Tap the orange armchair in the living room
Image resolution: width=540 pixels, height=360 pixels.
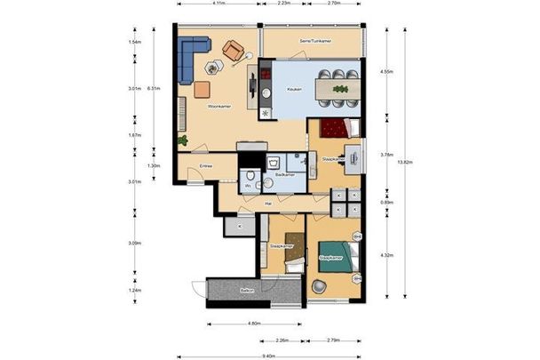coord(234,49)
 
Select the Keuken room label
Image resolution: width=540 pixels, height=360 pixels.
coord(294,90)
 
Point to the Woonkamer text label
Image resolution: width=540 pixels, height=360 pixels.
coord(218,107)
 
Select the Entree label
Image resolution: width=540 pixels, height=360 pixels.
coord(205,165)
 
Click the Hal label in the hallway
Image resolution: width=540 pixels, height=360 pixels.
coord(267,204)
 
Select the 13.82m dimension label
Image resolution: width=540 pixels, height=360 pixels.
coord(404,162)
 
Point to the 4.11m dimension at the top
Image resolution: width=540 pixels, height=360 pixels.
coord(218,4)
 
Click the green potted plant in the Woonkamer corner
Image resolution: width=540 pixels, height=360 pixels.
coord(184,140)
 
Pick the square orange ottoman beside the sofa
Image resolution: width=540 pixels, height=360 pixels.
coord(202,88)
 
